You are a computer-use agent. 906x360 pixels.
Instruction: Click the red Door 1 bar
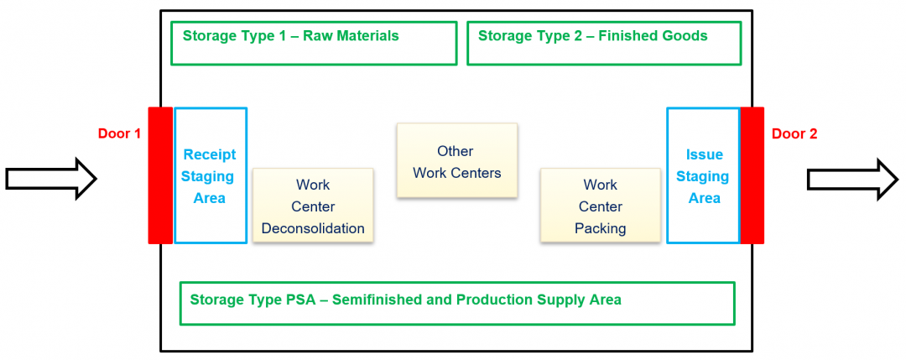click(160, 175)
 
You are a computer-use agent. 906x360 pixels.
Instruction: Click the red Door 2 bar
click(752, 175)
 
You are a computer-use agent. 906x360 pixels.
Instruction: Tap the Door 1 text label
click(120, 133)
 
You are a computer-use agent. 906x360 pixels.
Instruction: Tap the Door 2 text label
click(794, 133)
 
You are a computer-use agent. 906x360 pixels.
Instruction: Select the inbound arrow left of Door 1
click(51, 179)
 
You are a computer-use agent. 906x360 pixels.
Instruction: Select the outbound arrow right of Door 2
click(852, 179)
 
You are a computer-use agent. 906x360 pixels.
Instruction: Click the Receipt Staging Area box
click(211, 175)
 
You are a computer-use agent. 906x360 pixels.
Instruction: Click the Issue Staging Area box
click(703, 175)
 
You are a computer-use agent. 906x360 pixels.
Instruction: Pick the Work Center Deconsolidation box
click(313, 206)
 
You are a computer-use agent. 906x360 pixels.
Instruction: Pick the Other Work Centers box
click(456, 161)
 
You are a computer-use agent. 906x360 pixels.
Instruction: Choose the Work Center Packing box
click(600, 206)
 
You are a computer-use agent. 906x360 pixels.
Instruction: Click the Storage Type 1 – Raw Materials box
click(314, 44)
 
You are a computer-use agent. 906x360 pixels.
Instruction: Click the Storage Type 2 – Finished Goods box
click(604, 44)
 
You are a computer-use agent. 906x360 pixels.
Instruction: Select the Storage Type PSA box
click(457, 303)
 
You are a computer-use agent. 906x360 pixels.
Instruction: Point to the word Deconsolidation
click(313, 228)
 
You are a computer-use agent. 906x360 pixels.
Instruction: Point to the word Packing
click(600, 228)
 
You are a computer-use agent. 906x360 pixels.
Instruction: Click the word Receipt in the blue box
click(210, 154)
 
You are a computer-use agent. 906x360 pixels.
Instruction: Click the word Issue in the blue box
click(704, 154)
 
